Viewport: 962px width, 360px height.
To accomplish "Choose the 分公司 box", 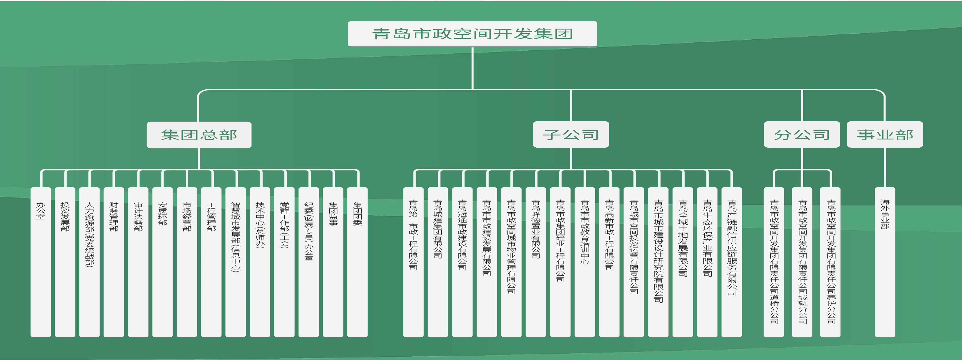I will pos(802,135).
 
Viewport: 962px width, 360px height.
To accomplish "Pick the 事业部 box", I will pos(885,135).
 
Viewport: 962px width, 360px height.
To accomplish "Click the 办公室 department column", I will pos(41,261).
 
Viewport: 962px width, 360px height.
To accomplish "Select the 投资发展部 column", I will pos(65,261).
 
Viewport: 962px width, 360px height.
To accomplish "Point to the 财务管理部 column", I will pos(114,261).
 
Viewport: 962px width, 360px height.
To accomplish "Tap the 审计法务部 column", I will pos(138,261).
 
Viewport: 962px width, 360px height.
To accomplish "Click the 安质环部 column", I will pos(162,261).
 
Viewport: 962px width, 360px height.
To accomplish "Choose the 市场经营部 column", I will pos(187,261).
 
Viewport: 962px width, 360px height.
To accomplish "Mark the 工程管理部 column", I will pos(211,261).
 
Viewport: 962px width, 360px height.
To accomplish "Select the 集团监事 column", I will pos(333,261).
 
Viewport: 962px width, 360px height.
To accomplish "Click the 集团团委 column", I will pos(357,261).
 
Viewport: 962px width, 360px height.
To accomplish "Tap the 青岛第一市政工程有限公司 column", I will pos(414,261).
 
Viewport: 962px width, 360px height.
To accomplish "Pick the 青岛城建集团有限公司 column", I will pos(438,261).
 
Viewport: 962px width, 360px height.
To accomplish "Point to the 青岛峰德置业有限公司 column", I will pos(535,261).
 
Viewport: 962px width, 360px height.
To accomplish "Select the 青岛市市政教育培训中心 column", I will pos(585,261).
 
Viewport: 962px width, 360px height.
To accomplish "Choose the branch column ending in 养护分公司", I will pos(830,261).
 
